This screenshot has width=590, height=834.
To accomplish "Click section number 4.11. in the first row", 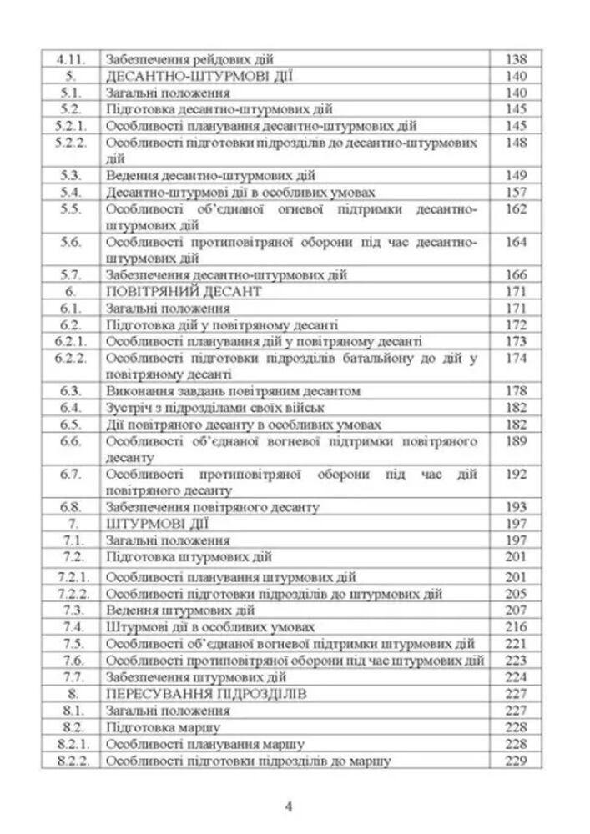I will [x=70, y=60].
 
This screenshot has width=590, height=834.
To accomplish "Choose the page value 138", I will [x=517, y=60].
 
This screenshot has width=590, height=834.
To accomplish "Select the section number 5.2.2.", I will [x=70, y=143].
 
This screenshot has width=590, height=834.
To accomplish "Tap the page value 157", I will [x=517, y=192].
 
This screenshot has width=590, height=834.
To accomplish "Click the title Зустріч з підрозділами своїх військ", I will [x=215, y=407].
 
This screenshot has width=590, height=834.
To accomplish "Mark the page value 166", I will [x=517, y=274].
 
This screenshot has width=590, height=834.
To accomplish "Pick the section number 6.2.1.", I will [x=70, y=341].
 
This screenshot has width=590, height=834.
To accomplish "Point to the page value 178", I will [x=517, y=390].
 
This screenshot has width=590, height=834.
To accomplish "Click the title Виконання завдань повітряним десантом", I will [x=234, y=390].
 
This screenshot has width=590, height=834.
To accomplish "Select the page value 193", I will [x=517, y=506].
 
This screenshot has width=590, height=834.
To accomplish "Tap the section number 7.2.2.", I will [x=70, y=593].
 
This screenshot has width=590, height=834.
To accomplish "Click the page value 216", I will [x=517, y=626].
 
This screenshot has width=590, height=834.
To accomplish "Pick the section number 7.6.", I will [x=70, y=661].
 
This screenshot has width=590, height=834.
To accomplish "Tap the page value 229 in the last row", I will [x=517, y=761].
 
